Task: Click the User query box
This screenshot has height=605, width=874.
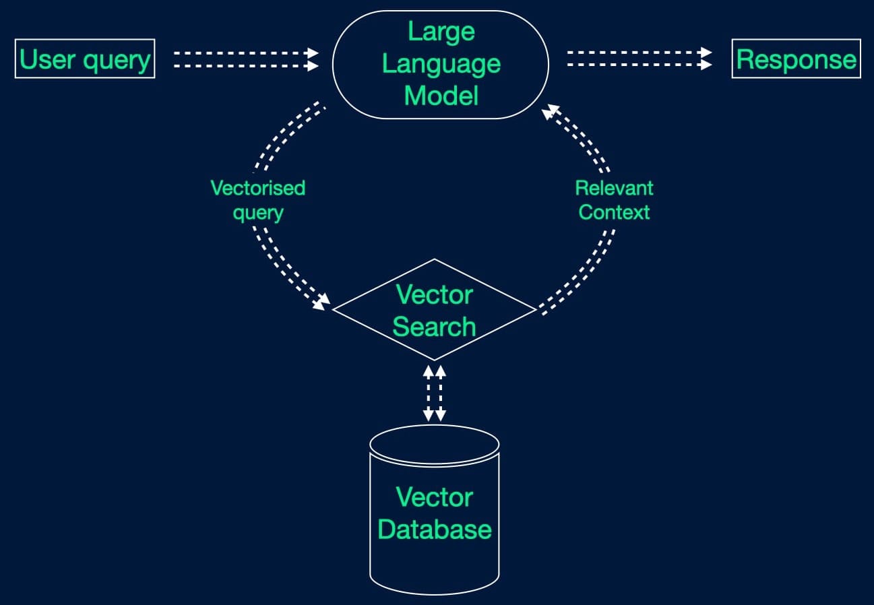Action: pos(84,59)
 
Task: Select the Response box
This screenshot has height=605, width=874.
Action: pos(796,59)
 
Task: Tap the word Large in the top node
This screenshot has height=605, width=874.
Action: pos(441,32)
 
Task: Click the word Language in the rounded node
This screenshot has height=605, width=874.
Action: pos(441,64)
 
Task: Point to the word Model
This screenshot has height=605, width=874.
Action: pos(441,96)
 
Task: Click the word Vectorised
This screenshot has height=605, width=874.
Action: pos(258,187)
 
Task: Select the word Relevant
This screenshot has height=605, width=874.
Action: pos(614,187)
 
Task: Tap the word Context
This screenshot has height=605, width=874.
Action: pos(614,212)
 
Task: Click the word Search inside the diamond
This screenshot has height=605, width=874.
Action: pos(435,327)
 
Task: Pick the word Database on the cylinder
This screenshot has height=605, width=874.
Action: pos(435,529)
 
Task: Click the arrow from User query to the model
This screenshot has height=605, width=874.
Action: pos(246,59)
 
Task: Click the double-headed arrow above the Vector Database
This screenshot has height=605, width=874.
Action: pos(435,393)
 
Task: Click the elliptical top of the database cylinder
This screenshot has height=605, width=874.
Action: pos(435,443)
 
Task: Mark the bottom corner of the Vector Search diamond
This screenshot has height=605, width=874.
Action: pos(435,360)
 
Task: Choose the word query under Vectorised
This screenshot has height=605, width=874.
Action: pos(258,213)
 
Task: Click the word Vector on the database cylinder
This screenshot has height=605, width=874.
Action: pos(435,497)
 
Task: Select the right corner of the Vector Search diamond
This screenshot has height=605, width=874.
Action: pos(535,310)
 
